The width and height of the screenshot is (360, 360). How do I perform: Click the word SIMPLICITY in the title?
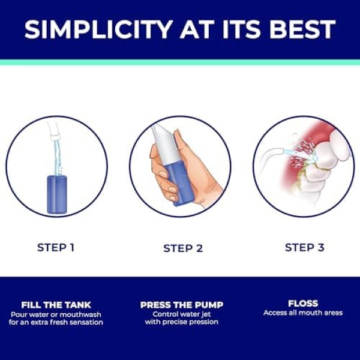pyautogui.click(x=98, y=29)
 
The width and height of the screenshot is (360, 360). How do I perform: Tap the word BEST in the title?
pyautogui.click(x=302, y=29)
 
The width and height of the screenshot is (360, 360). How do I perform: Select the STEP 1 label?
pyautogui.click(x=56, y=247)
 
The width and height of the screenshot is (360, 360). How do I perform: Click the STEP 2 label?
pyautogui.click(x=183, y=248)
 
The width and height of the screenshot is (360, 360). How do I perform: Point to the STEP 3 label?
pyautogui.click(x=304, y=247)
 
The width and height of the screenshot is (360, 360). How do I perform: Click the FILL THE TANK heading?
pyautogui.click(x=56, y=305)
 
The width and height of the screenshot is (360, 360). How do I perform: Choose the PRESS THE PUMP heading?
pyautogui.click(x=182, y=305)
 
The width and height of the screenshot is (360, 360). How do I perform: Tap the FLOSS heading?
pyautogui.click(x=303, y=304)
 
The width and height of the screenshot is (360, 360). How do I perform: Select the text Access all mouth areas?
pyautogui.click(x=303, y=313)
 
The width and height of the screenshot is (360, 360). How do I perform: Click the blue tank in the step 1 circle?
pyautogui.click(x=57, y=194)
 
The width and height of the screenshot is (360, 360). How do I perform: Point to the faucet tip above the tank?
pyautogui.click(x=56, y=137)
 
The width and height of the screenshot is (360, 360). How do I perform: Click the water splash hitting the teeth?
pyautogui.click(x=303, y=152)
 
